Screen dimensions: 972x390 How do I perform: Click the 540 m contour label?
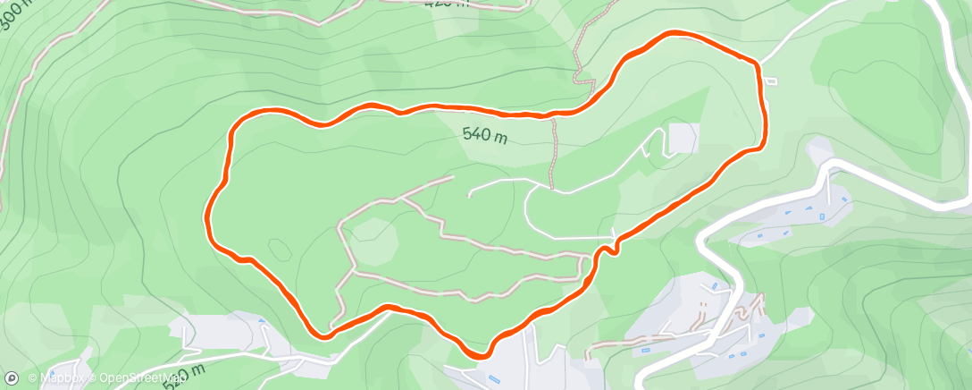click(485, 135)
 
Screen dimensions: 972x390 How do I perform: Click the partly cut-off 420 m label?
click(447, 3)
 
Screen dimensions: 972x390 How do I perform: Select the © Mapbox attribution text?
click(61, 378)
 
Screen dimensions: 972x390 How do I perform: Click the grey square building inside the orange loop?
click(683, 138)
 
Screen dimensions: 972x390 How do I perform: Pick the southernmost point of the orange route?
click(479, 355)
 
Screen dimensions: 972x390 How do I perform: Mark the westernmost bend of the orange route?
click(209, 215)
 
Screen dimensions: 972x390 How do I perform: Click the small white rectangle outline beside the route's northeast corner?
click(770, 81)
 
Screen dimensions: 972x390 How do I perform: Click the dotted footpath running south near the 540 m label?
click(554, 152)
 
